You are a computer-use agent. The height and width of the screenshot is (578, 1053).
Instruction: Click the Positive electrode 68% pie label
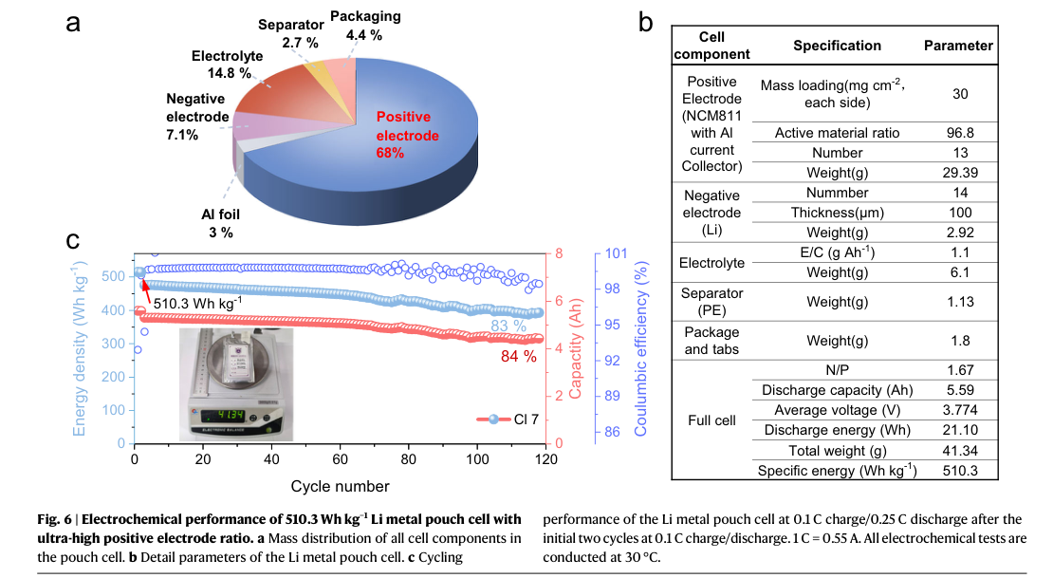[407, 135]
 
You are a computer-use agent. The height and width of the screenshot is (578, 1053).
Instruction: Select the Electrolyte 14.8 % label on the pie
[227, 65]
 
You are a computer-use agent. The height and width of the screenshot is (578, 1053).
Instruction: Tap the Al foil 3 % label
[220, 223]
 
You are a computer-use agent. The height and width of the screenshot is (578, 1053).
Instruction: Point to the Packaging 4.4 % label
[365, 26]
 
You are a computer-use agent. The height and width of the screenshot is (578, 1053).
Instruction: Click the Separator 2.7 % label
[291, 33]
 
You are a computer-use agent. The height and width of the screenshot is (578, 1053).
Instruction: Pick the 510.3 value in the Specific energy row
[960, 471]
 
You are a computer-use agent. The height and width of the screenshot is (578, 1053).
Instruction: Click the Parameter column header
[958, 46]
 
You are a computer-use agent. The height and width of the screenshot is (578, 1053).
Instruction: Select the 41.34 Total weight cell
[960, 450]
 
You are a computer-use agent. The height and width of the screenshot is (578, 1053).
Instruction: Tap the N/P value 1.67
[960, 369]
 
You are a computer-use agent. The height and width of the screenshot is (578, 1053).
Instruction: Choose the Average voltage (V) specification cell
[837, 410]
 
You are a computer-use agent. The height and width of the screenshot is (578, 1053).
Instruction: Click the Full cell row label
[711, 420]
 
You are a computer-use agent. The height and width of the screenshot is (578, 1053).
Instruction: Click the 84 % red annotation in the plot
[519, 357]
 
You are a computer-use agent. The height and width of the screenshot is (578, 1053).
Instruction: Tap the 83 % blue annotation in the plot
[508, 326]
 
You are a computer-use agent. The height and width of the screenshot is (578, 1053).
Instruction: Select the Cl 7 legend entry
[508, 420]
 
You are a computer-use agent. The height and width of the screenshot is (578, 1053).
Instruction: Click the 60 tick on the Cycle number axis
[340, 459]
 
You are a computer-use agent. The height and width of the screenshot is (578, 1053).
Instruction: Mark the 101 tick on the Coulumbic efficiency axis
[616, 253]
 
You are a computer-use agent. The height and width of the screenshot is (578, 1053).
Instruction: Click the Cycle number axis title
[340, 486]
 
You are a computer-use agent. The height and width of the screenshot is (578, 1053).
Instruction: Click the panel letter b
[645, 22]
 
